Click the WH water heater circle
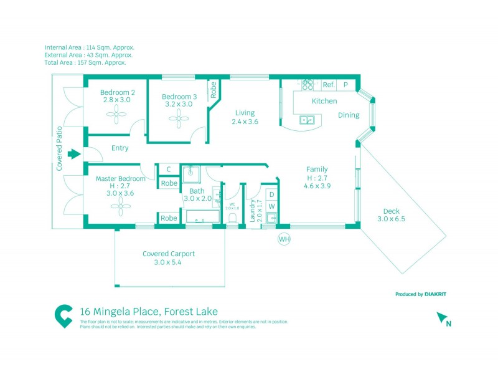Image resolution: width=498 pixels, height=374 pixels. coord(284,239)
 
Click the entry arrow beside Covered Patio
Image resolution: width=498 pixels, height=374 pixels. coord(74,154)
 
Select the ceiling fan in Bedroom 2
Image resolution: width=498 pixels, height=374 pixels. coord(116,113)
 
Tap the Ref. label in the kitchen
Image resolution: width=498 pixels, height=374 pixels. coord(329,85)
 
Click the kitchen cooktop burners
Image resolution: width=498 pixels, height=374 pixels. coord(308,84)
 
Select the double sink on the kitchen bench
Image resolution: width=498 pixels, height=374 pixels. coord(307,120)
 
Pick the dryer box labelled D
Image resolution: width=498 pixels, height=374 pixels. coord(271,194)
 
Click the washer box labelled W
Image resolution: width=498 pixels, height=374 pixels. coord(271,206)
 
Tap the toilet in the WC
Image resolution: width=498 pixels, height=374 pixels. coord(232,218)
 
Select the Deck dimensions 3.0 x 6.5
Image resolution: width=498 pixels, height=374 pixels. coord(391,219)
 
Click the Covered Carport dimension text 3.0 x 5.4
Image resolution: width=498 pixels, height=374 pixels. coord(168,262)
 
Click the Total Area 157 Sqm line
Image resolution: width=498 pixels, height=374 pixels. coord(85,62)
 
